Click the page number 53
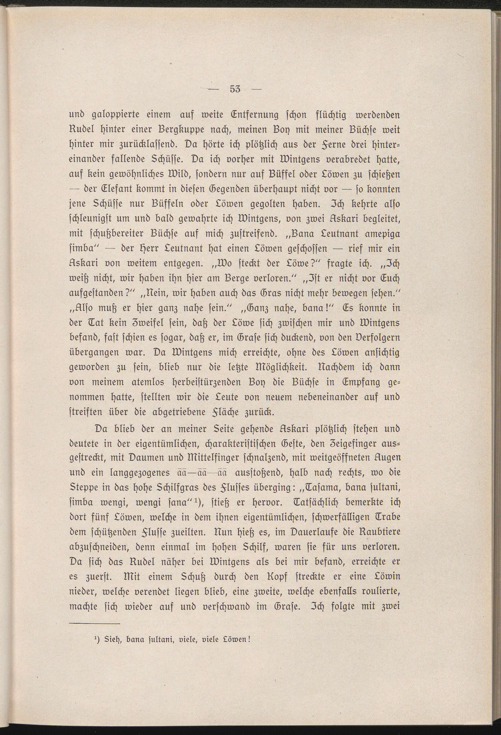click(235, 90)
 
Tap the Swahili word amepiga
click(382, 234)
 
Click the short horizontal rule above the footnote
click(95, 623)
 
